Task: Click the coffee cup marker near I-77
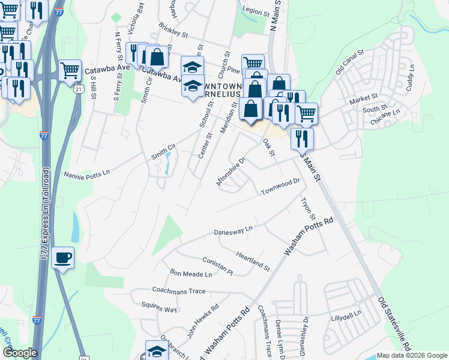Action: pos(63,258)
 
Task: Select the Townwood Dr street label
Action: pos(280,187)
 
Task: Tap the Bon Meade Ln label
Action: pos(191,274)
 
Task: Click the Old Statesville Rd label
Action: pos(394,322)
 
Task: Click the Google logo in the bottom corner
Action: pos(20,353)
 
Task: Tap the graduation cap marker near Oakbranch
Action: pos(157,350)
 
